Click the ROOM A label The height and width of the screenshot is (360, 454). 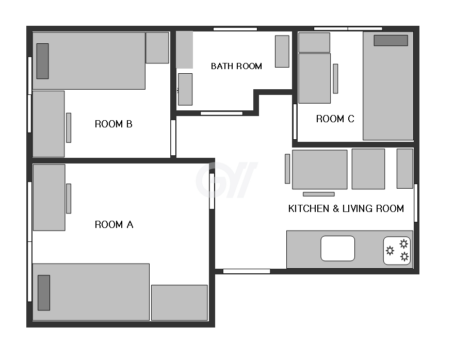pyautogui.click(x=114, y=224)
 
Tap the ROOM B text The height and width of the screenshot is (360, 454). pyautogui.click(x=113, y=124)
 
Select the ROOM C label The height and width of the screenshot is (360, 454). pyautogui.click(x=335, y=119)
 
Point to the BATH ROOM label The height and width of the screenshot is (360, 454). pyautogui.click(x=236, y=66)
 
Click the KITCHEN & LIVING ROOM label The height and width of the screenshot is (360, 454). pyautogui.click(x=346, y=209)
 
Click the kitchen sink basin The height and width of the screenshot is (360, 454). pyautogui.click(x=337, y=249)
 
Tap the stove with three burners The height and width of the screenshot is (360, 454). pyautogui.click(x=397, y=251)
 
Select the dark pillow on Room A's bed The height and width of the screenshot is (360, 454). pyautogui.click(x=44, y=292)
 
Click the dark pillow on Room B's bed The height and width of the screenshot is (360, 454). pyautogui.click(x=42, y=61)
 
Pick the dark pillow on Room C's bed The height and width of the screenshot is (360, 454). pyautogui.click(x=391, y=41)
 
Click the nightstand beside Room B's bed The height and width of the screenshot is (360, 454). pyautogui.click(x=157, y=48)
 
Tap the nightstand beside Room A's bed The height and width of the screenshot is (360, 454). pyautogui.click(x=180, y=303)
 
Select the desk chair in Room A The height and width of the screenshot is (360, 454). pyautogui.click(x=69, y=199)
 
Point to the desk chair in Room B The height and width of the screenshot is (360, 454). pyautogui.click(x=69, y=127)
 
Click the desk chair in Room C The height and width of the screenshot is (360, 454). pyautogui.click(x=335, y=79)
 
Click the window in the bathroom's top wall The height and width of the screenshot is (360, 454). pyautogui.click(x=235, y=29)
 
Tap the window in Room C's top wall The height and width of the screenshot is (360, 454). pyautogui.click(x=348, y=29)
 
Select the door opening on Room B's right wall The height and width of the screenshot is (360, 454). pyautogui.click(x=173, y=138)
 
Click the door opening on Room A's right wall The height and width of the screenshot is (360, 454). pyautogui.click(x=212, y=191)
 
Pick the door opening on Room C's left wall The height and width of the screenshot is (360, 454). pyautogui.click(x=295, y=122)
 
